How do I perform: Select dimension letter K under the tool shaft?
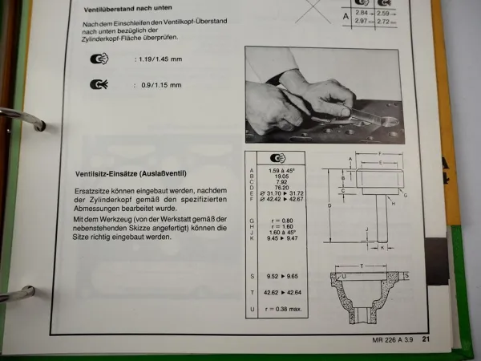382,248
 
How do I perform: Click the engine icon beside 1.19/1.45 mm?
101,59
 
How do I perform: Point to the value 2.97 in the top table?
361,22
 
